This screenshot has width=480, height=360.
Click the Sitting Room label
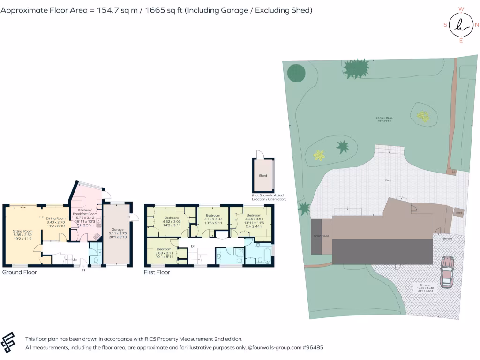coord(22,231)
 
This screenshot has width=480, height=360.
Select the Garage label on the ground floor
coord(115,229)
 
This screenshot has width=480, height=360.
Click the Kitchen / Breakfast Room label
coord(85,211)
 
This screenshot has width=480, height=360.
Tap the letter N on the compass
coord(477,25)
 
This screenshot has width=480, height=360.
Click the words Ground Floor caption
coord(19,272)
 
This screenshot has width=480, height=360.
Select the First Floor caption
coord(157,272)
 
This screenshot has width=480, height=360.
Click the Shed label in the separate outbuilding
coord(263,176)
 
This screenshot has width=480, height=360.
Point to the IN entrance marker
coord(83,270)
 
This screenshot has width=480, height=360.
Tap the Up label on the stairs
coord(74,259)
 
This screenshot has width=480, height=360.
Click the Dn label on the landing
coord(193,246)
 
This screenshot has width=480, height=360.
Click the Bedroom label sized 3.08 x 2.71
coord(164,249)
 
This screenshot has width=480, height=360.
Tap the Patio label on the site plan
coord(388,180)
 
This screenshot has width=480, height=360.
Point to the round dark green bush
coord(296,73)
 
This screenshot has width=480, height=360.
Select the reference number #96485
coord(313,348)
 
